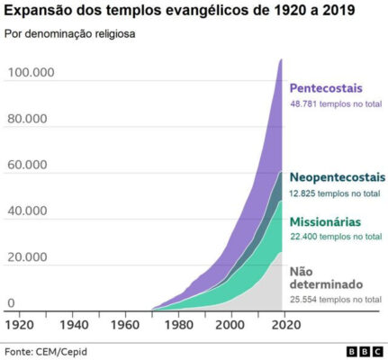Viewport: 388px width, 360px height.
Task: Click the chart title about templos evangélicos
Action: [180, 13]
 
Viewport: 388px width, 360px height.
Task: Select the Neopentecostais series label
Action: [337, 177]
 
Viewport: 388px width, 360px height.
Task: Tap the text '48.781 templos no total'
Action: [335, 104]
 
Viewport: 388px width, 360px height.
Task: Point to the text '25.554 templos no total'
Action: [335, 299]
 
